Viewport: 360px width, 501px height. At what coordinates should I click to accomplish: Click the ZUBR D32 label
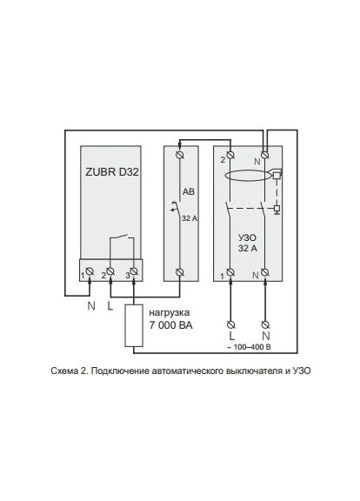(112, 172)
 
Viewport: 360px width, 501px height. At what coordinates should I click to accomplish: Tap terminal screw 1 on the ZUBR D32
(90, 271)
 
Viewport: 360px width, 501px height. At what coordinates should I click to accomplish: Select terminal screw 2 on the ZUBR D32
(110, 271)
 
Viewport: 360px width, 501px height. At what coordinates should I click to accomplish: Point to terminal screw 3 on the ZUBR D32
(134, 271)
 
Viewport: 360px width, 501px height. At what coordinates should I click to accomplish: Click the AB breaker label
(189, 191)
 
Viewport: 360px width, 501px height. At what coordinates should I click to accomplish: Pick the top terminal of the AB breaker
(180, 155)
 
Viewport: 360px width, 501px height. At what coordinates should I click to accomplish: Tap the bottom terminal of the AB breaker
(180, 272)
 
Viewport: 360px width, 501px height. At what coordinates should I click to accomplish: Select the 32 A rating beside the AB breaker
(190, 218)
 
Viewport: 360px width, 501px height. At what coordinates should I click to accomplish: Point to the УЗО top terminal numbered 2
(230, 156)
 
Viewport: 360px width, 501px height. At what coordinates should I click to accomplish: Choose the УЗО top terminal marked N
(264, 156)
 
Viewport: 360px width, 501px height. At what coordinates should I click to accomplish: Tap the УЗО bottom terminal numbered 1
(230, 272)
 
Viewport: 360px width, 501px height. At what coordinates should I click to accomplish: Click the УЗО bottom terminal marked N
(264, 272)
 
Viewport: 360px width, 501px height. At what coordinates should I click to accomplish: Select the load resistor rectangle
(134, 325)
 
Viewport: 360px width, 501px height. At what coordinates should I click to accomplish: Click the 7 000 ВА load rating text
(171, 325)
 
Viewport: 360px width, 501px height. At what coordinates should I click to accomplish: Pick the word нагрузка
(169, 312)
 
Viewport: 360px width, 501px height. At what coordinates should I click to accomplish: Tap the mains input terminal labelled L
(231, 325)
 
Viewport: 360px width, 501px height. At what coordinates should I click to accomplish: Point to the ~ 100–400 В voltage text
(249, 347)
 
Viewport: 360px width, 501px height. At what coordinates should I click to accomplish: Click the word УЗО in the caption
(302, 371)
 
